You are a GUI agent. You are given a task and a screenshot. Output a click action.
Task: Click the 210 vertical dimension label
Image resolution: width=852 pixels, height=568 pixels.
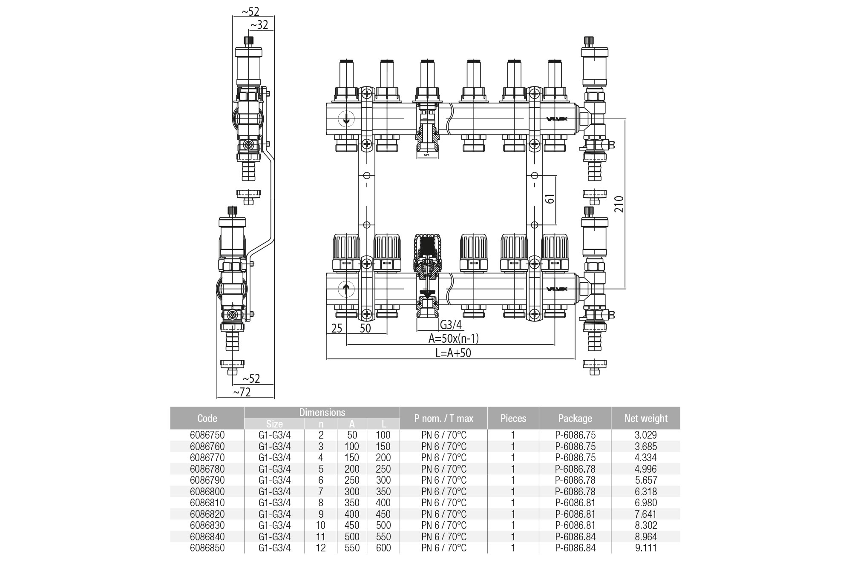tap(619, 204)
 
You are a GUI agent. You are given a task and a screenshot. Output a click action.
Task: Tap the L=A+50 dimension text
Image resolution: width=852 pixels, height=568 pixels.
tap(453, 353)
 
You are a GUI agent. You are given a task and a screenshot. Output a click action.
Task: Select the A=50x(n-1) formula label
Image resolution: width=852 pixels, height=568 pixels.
tap(453, 339)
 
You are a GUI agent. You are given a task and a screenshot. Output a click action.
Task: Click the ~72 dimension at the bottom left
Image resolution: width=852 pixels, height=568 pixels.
tap(242, 392)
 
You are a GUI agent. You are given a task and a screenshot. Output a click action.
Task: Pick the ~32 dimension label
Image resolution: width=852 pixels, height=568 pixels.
tap(259, 25)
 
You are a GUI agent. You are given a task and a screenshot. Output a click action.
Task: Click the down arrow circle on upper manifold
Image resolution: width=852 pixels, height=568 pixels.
tap(346, 119)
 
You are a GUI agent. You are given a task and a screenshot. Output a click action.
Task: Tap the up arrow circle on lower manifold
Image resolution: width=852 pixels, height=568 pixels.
tap(346, 290)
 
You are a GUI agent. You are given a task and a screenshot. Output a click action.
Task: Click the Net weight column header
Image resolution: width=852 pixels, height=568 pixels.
tap(645, 418)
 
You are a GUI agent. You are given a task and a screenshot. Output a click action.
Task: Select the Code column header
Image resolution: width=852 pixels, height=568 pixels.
tap(207, 418)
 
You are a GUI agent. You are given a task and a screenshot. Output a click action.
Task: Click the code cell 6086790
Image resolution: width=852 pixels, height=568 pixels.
tap(207, 480)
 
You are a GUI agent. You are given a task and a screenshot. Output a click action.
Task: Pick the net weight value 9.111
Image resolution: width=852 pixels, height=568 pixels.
tap(646, 548)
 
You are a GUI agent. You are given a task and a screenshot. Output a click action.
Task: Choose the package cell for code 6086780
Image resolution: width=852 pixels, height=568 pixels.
tap(575, 469)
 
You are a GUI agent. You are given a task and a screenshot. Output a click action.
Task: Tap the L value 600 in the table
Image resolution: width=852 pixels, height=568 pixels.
tap(383, 548)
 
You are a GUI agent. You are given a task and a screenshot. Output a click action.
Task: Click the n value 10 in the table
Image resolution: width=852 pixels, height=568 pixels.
tap(321, 525)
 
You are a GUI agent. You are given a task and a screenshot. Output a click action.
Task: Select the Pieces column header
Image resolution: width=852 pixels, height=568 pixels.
tap(513, 418)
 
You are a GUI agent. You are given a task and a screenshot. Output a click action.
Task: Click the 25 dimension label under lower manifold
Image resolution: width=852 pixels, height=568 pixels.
tap(337, 328)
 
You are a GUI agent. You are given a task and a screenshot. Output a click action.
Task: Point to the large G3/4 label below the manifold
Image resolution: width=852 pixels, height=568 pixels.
tap(451, 325)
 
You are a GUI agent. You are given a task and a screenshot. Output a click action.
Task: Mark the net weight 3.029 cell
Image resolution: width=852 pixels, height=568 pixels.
tap(646, 435)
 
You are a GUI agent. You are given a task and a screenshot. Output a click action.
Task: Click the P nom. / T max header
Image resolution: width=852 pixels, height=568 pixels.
tap(443, 418)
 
